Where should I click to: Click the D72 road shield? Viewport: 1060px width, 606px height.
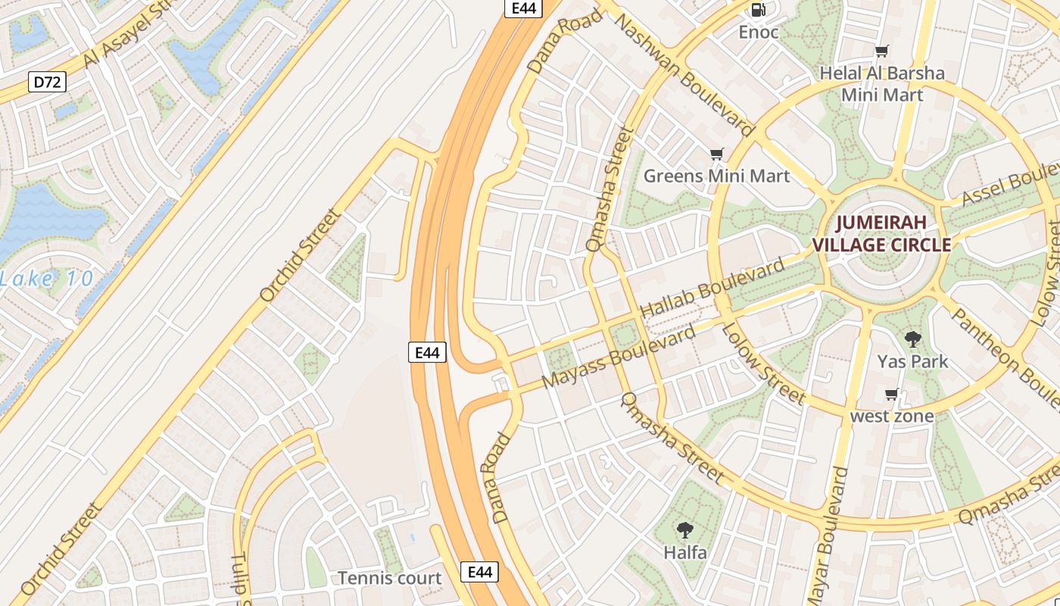point(47,82)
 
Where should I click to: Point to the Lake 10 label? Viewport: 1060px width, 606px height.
point(47,279)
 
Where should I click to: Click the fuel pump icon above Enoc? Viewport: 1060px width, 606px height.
point(757,10)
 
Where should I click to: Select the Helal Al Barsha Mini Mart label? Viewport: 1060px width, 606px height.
point(883,84)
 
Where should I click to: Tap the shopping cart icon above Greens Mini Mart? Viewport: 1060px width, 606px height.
point(716,155)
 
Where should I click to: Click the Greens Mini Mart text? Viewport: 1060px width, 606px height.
point(716,176)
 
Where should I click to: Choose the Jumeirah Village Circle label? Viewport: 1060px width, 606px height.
point(881,234)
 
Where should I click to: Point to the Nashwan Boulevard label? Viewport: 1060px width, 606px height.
point(685,73)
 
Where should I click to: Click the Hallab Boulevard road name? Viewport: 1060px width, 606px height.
point(712,289)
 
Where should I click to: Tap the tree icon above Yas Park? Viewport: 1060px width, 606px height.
point(912,339)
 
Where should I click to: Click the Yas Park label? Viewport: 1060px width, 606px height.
point(912,361)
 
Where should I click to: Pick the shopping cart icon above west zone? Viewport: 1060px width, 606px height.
point(892,395)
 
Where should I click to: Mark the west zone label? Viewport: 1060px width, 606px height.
point(892,416)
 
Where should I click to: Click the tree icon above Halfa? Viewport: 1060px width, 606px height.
point(685,530)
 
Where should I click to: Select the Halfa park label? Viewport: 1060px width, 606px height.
point(685,552)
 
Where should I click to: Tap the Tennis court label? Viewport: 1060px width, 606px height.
point(389,578)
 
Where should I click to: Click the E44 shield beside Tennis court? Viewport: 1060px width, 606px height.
point(480,572)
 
